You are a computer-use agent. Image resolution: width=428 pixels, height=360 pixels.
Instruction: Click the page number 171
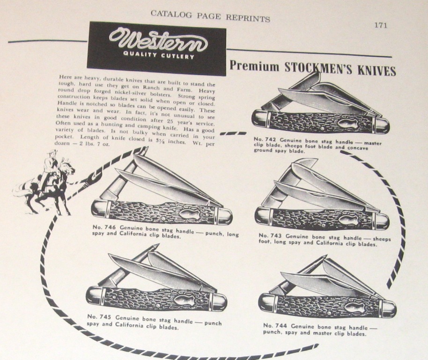click(380, 25)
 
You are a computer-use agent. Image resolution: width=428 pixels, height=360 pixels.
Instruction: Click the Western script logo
click(158, 40)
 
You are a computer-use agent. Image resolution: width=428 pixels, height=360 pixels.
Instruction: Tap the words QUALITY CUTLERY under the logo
click(159, 55)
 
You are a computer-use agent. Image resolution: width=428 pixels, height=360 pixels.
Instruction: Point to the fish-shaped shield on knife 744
click(353, 307)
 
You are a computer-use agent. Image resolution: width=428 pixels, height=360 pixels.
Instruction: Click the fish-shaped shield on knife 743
click(348, 219)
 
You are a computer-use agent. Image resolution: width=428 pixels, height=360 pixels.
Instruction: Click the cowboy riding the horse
click(50, 169)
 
